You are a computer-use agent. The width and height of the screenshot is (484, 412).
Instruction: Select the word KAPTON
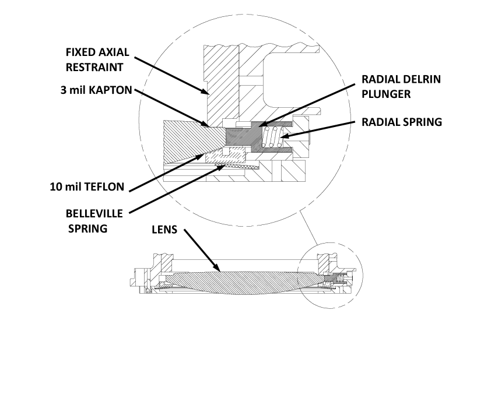(114, 90)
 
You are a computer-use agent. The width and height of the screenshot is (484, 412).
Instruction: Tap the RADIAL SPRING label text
(402, 122)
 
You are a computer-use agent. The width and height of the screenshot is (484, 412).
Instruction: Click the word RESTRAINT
(94, 66)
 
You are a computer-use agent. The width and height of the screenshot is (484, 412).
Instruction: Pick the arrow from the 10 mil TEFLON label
(166, 172)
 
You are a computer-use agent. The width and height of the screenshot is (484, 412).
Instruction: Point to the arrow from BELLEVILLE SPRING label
(175, 189)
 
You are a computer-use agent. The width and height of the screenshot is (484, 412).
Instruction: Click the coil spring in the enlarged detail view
(273, 140)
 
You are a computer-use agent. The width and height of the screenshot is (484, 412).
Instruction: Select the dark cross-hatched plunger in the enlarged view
(242, 138)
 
